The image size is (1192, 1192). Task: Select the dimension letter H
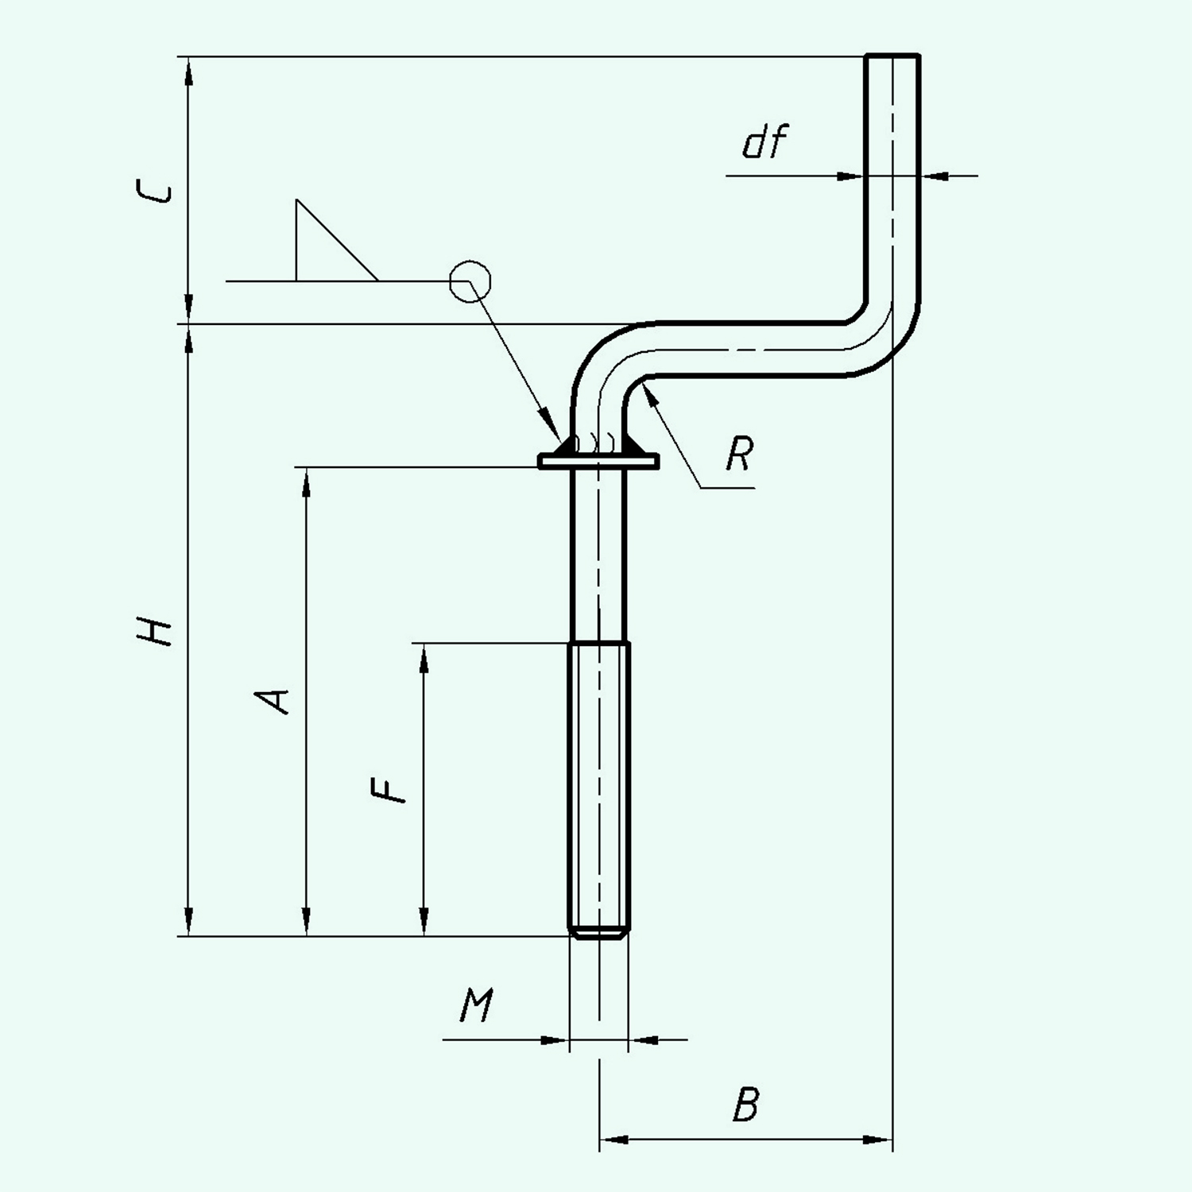[153, 632]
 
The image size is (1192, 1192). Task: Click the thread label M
[476, 1006]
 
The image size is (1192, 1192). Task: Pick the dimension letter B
[745, 1105]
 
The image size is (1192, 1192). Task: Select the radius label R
[739, 455]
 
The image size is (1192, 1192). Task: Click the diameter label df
[764, 143]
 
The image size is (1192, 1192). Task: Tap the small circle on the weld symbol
[470, 281]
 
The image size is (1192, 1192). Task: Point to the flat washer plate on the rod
[598, 461]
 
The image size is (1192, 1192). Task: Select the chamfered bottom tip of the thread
[599, 935]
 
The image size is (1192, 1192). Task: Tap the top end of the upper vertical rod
[892, 57]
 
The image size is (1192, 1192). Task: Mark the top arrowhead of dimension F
[424, 655]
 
